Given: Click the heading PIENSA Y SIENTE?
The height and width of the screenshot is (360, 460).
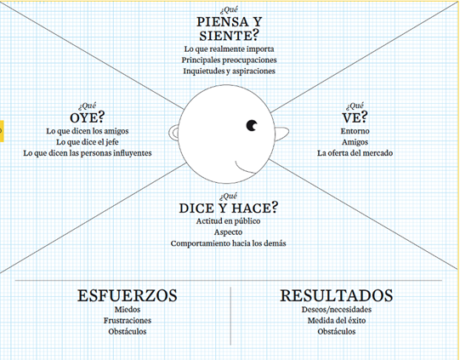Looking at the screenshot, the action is point(229,29).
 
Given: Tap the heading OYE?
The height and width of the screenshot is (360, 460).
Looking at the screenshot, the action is point(87,117).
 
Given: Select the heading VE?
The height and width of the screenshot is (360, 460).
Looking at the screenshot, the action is point(355,117).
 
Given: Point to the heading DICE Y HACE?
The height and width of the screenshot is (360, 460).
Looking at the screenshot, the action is point(228,208).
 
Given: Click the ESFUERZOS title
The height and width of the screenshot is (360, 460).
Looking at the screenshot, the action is point(128,295).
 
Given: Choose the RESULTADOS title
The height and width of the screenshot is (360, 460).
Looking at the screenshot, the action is point(337,295).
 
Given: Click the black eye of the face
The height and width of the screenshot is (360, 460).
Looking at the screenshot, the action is point(252,125).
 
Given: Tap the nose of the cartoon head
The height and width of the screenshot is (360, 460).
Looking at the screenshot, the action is point(282,133).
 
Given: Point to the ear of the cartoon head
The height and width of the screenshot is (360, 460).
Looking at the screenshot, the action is point(173,133).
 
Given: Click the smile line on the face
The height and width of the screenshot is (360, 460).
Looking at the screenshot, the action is point(244,169).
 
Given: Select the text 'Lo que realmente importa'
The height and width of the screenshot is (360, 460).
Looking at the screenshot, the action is point(229,49).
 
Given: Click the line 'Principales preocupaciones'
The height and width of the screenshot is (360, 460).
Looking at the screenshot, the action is point(229,60).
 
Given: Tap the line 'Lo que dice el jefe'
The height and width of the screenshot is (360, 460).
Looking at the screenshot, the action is point(88,142).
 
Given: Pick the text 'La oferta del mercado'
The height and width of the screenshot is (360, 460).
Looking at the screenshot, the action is point(355,153).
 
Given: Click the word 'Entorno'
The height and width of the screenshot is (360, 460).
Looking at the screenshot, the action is point(355,131).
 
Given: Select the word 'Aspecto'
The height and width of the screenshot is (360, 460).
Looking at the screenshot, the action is point(228,232).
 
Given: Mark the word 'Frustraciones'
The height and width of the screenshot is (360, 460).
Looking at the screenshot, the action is point(128,320).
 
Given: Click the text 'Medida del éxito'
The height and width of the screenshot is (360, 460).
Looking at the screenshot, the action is point(337,320).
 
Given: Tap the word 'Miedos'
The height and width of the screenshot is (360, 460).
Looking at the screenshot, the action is point(128,309).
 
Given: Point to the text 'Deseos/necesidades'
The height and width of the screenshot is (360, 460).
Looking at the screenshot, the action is point(337,309).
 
